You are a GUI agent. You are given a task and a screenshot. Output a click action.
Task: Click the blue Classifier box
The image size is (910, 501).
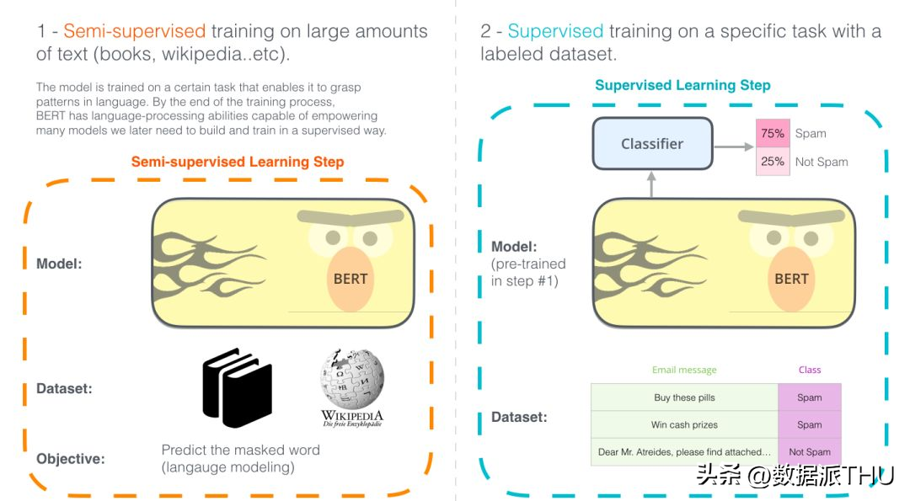pos(652,144)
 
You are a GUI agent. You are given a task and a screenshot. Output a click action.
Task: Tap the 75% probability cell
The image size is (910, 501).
pos(773,133)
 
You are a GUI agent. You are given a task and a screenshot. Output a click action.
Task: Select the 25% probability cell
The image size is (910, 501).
pos(773,161)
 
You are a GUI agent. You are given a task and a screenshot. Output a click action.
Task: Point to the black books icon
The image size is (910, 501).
pos(238,387)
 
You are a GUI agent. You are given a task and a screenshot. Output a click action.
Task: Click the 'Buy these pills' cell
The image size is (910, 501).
pos(684,397)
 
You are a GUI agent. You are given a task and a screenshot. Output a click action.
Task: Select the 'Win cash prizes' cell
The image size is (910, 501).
pos(684,424)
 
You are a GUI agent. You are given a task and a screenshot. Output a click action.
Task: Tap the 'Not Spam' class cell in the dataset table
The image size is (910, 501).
pos(810,451)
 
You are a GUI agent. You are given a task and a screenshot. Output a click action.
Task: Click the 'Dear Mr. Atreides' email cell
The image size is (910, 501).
pos(684,451)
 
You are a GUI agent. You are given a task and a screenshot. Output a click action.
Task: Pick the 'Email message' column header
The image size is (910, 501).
pos(684,370)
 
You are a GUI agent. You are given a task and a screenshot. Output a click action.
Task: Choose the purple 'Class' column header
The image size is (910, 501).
pos(810,370)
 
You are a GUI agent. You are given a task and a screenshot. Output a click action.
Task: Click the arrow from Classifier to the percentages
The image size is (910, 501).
pos(734,147)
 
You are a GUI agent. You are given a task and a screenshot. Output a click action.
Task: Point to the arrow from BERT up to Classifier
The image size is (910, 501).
pos(651,184)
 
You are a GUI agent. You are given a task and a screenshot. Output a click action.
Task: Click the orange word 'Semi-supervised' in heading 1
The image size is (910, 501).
pos(135,30)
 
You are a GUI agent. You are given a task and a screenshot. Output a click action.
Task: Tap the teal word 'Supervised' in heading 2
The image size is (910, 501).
pos(555,30)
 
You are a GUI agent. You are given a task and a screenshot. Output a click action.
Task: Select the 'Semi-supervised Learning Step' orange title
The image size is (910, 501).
pos(238,162)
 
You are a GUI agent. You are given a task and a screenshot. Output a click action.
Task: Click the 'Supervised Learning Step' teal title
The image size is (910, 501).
pos(682,85)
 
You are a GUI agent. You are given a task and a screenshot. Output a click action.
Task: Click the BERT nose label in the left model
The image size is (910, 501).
pos(351,279)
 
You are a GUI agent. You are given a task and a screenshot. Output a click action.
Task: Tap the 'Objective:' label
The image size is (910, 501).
pos(71,459)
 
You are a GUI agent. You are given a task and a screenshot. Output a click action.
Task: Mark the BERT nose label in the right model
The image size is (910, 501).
pos(791,279)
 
